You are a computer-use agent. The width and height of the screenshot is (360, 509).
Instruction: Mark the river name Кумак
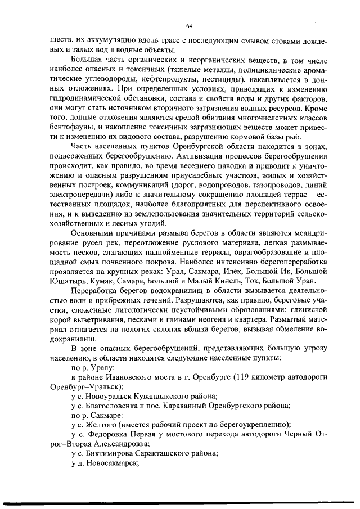(x=102, y=281)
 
